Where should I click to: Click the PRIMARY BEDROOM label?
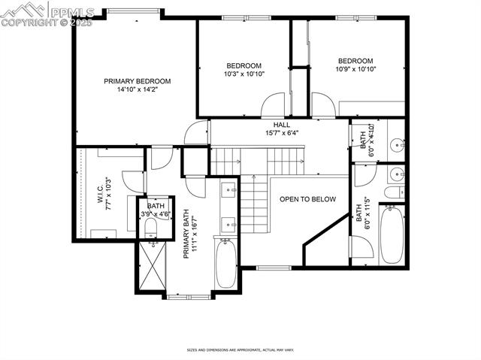(137, 81)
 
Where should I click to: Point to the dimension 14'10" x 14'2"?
(137, 90)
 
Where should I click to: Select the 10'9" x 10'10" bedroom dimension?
(355, 69)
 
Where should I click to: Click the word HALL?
(282, 125)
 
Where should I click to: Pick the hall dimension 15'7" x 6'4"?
(282, 133)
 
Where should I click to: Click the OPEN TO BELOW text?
(307, 199)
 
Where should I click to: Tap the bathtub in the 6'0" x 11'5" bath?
(391, 234)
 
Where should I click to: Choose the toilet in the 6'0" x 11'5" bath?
(393, 192)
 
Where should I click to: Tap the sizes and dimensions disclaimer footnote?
(240, 349)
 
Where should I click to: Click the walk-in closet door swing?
(132, 180)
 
